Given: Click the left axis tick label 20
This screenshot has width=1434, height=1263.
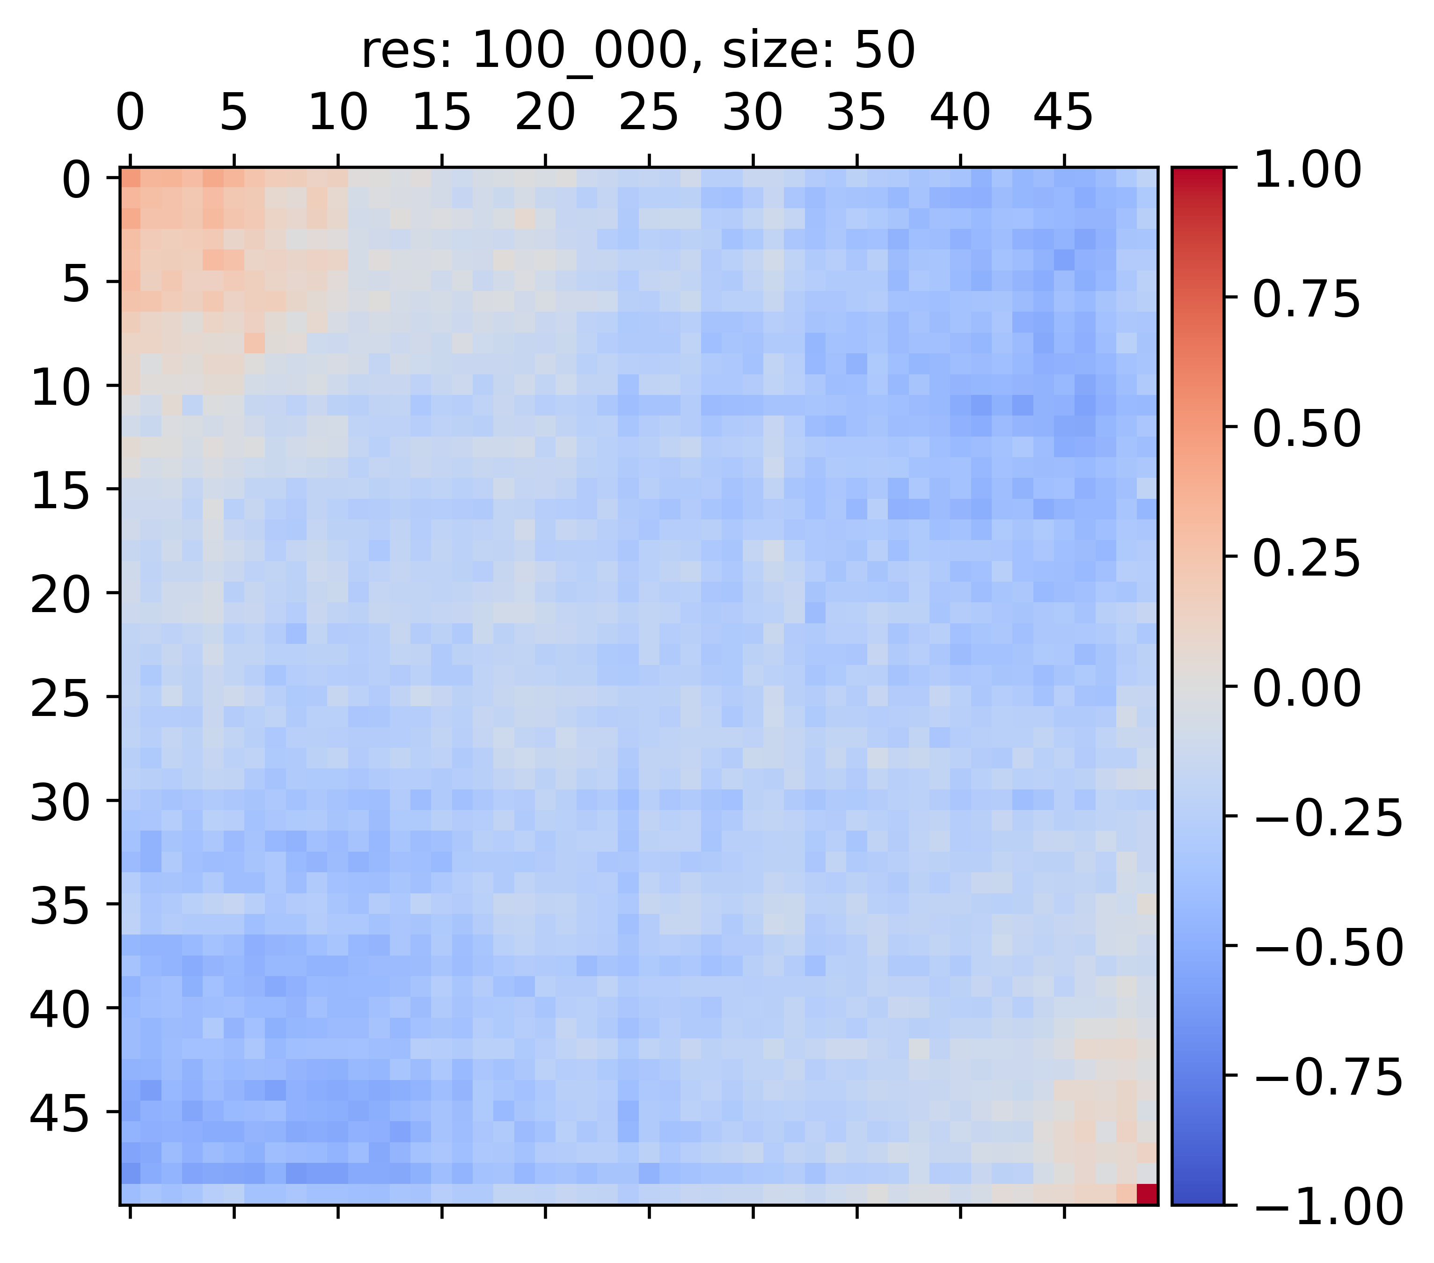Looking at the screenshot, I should (x=60, y=597).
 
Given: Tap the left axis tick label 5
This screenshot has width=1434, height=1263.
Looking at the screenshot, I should (x=76, y=285).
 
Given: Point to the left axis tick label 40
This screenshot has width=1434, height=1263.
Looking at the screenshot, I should (x=60, y=1011).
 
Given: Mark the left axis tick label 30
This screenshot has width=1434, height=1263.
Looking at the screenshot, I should (x=60, y=804).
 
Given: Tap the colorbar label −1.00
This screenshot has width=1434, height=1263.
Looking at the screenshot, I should (x=1327, y=1208).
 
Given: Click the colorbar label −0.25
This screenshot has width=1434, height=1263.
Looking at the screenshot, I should (x=1327, y=818).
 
